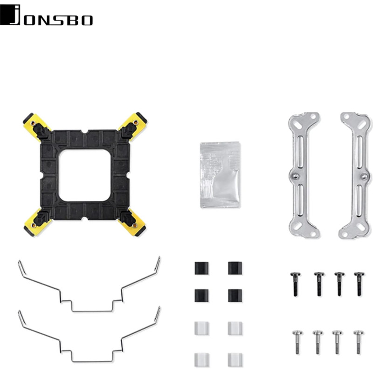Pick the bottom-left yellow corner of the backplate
pyautogui.click(x=34, y=225)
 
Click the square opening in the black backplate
pyautogui.click(x=85, y=174)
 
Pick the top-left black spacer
pyautogui.click(x=201, y=268)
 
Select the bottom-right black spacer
pyautogui.click(x=235, y=295)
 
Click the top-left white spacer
pyautogui.click(x=201, y=328)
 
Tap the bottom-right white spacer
pyautogui.click(x=235, y=359)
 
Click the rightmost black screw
pyautogui.click(x=359, y=283)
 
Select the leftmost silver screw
pyautogui.click(x=297, y=342)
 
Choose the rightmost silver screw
pyautogui.click(x=358, y=342)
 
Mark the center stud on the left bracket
pyautogui.click(x=295, y=176)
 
